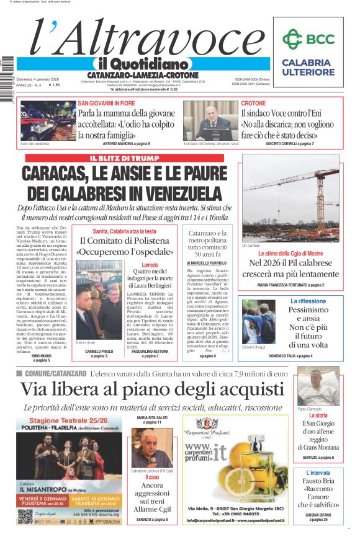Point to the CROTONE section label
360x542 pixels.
pos(253,103)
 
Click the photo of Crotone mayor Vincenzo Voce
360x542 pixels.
pos(210,121)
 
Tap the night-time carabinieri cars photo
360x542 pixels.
pos(48,122)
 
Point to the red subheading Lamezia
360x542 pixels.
pos(150,265)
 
